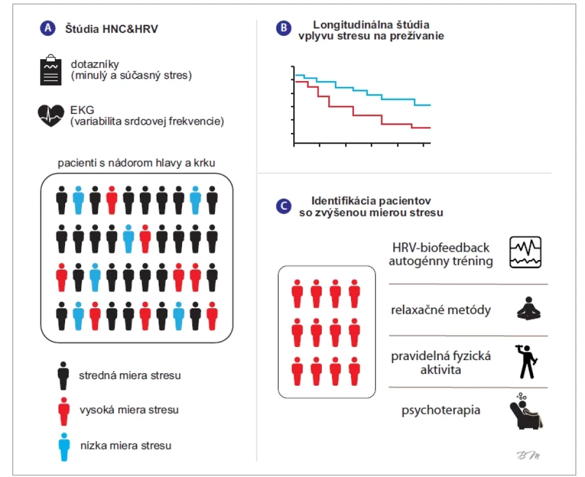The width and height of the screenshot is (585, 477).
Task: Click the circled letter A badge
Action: tap(48, 28)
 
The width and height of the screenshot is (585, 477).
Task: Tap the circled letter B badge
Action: tap(284, 28)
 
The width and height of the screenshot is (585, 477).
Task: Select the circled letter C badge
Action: tap(284, 206)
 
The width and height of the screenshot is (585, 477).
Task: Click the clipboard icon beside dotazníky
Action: tap(51, 70)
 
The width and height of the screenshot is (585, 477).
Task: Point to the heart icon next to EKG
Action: tap(51, 115)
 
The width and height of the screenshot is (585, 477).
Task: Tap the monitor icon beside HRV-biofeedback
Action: tap(525, 252)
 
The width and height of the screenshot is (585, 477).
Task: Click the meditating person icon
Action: tap(529, 308)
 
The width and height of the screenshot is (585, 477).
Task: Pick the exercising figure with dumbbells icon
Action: tap(526, 361)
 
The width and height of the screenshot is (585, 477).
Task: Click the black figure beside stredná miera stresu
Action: tap(63, 376)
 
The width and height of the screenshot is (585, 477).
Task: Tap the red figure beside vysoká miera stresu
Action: tap(64, 411)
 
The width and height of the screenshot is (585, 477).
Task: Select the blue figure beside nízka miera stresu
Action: tap(64, 447)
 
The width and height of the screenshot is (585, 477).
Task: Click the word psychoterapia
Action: tap(441, 410)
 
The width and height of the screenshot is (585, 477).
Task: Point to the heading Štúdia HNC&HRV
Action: tap(112, 29)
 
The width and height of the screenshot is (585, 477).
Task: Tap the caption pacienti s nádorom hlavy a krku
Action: tap(136, 163)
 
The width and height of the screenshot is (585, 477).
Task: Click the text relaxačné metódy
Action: tap(441, 309)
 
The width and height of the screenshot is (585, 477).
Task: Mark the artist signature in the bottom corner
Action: tap(528, 455)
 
